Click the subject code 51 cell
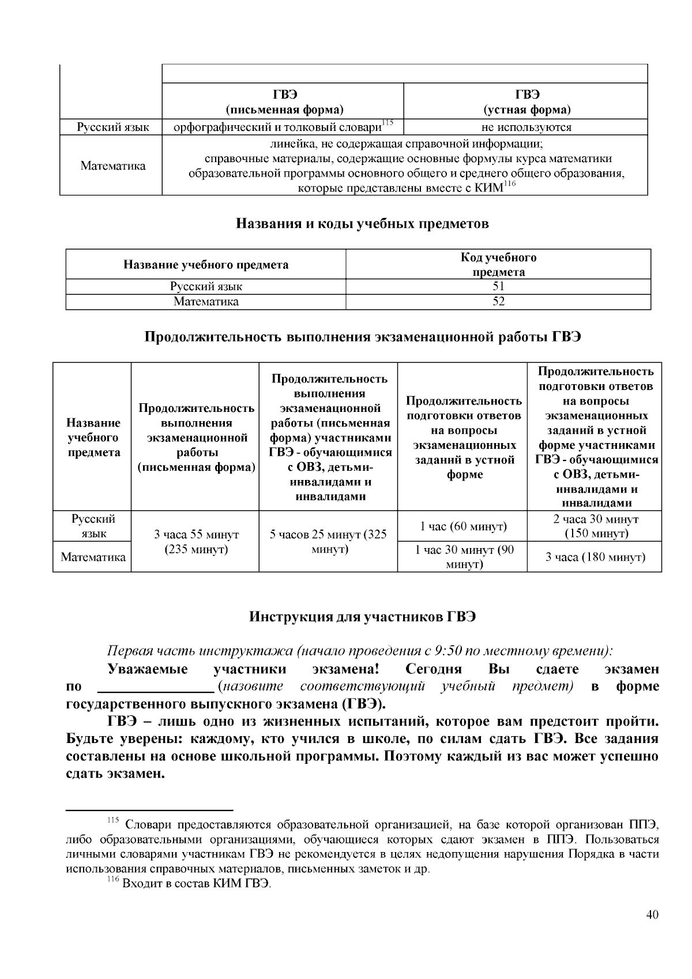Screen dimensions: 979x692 point(498,287)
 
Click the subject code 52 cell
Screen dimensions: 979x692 point(498,302)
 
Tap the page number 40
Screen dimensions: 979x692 point(652,914)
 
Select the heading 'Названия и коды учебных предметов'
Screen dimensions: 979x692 point(362,224)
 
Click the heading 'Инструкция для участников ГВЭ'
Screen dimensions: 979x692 point(362,617)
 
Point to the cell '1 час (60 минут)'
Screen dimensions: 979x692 point(462,526)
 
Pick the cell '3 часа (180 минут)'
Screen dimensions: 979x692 point(595,557)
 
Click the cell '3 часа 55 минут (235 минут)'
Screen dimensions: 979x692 point(196,542)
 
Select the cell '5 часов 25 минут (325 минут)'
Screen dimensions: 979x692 point(329,542)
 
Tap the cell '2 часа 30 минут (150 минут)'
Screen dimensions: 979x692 point(595,526)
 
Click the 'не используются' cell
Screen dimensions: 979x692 point(526,127)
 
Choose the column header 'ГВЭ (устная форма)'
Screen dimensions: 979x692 point(526,102)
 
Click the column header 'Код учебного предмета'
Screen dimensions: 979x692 point(498,265)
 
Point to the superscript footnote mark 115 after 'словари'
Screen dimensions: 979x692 point(387,122)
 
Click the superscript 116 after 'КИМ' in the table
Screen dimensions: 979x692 point(509,184)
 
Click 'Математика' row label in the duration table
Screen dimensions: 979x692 point(93,557)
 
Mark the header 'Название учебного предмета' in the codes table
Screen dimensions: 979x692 point(206,265)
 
